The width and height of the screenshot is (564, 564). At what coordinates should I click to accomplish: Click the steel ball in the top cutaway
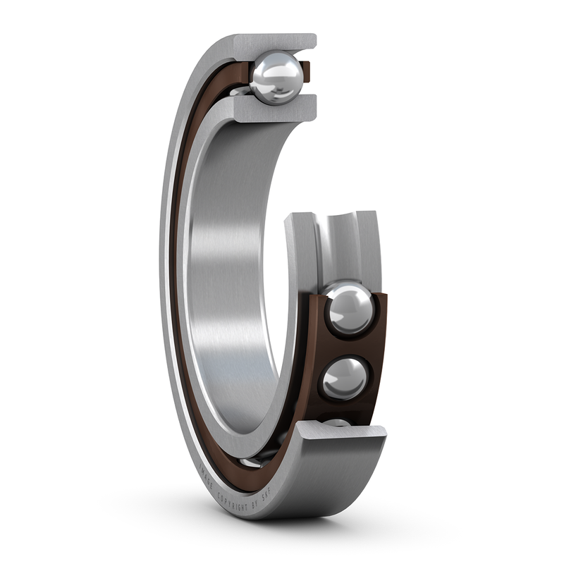276,77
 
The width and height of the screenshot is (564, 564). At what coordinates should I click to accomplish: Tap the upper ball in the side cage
349,308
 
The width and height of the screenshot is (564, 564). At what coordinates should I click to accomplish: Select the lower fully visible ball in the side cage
345,378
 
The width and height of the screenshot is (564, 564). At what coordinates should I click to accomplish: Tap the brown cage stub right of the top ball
306,70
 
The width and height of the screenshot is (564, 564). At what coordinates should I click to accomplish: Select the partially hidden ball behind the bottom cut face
337,422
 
